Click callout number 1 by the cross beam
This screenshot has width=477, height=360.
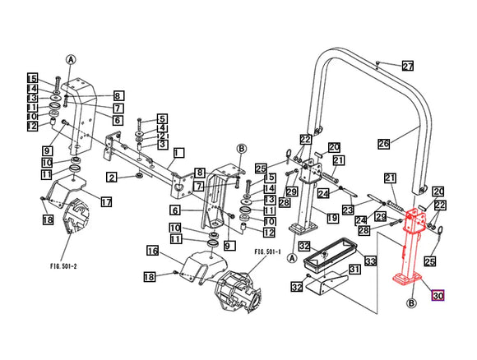coord(178,152)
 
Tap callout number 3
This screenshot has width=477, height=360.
coord(163,145)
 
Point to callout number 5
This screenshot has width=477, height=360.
coord(163,118)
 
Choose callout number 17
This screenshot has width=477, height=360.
coord(106,201)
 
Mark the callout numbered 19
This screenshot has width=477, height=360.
coord(332,218)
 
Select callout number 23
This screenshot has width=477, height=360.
coord(347,210)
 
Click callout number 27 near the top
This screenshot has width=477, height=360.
coord(407,66)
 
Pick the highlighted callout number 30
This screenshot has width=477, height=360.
coord(438,296)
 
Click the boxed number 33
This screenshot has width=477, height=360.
coord(370,261)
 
